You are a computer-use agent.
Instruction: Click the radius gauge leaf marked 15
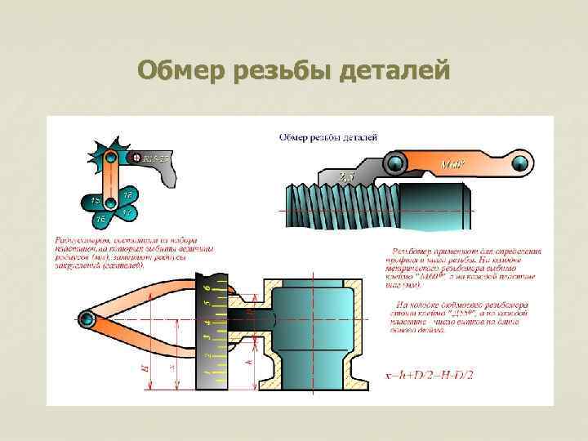click(95, 200)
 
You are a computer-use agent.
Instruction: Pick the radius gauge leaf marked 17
click(126, 212)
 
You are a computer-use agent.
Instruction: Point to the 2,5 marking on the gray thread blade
click(345, 176)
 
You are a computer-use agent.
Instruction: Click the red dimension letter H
click(146, 368)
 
